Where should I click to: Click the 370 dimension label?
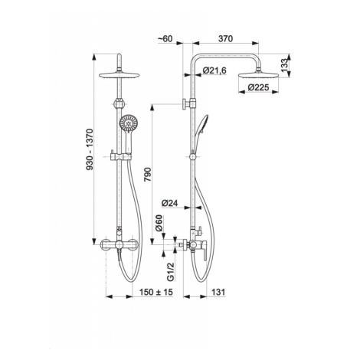226,38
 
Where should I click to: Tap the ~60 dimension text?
165,38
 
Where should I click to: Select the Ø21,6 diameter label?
214,70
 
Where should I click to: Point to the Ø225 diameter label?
258,87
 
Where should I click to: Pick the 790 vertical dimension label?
148,175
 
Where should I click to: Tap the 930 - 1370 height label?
90,149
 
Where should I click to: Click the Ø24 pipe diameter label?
170,203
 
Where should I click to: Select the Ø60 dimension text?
159,223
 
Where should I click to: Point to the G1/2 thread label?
171,272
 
